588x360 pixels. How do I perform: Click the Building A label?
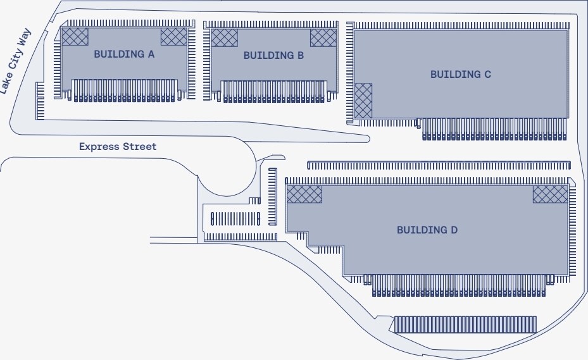click(124, 54)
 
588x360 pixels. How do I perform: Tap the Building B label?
click(273, 56)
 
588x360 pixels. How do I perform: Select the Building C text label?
click(460, 75)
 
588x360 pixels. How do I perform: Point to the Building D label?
click(427, 230)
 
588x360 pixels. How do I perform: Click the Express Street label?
click(118, 147)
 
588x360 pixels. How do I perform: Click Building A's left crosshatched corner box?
click(74, 37)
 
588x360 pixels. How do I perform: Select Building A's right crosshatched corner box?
click(174, 37)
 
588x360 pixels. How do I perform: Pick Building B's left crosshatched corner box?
click(224, 37)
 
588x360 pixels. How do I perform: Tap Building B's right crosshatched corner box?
click(323, 37)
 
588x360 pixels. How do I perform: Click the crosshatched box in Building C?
click(363, 101)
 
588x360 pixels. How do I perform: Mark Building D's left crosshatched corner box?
click(304, 194)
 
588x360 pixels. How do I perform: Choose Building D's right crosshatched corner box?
click(550, 194)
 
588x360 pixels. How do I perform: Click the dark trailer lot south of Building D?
click(465, 325)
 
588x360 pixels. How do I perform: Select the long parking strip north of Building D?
click(439, 166)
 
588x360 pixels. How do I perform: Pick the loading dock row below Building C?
click(494, 129)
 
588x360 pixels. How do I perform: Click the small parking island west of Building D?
click(235, 219)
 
